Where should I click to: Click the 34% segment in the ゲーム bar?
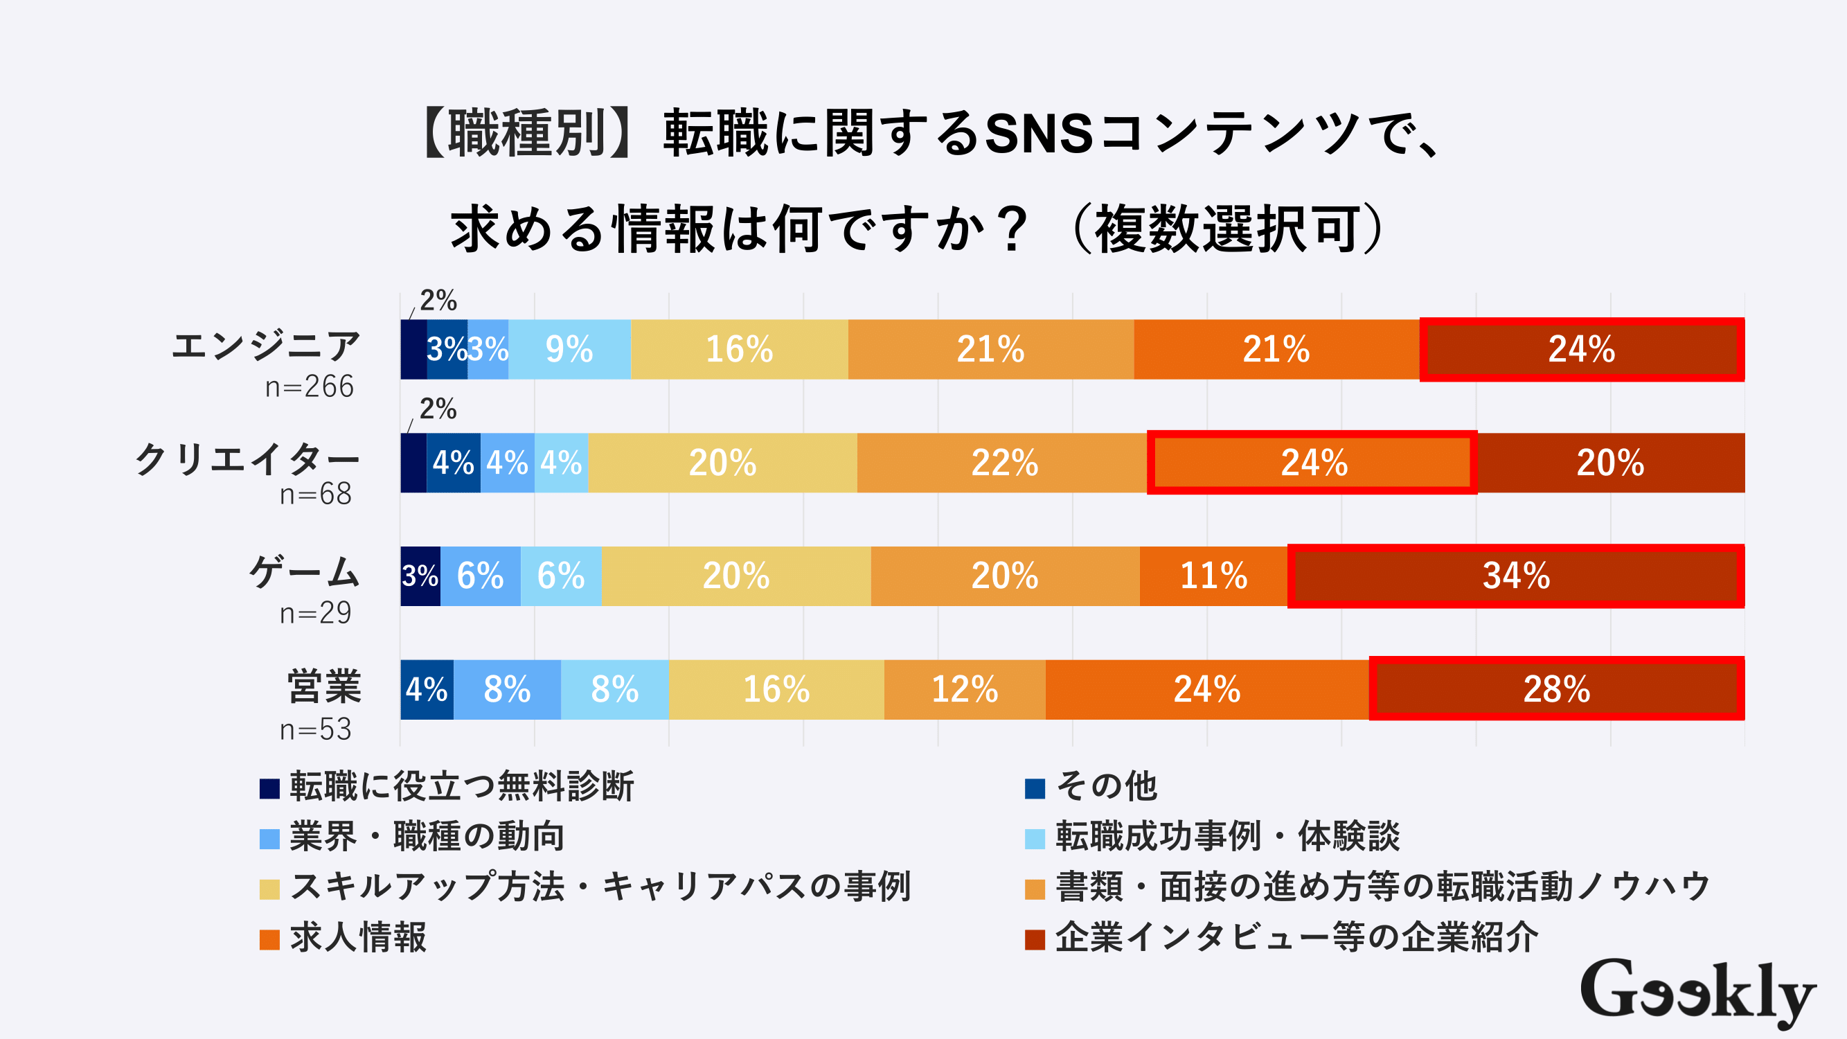pos(1516,576)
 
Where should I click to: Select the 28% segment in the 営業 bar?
pos(1556,689)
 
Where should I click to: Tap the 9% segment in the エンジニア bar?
pos(569,349)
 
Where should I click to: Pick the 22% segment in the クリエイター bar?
pos(1003,463)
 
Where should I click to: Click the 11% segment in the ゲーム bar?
pos(1213,576)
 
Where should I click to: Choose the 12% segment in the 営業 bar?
pos(965,689)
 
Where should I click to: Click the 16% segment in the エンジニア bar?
pos(739,349)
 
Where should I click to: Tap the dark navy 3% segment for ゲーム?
pos(420,576)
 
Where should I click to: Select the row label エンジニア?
pos(265,347)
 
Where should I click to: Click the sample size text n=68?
pos(316,494)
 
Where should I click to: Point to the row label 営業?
pos(324,686)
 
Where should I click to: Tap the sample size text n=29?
pos(316,613)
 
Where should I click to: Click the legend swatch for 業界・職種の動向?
pos(269,838)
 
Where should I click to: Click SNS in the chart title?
pos(1038,134)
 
